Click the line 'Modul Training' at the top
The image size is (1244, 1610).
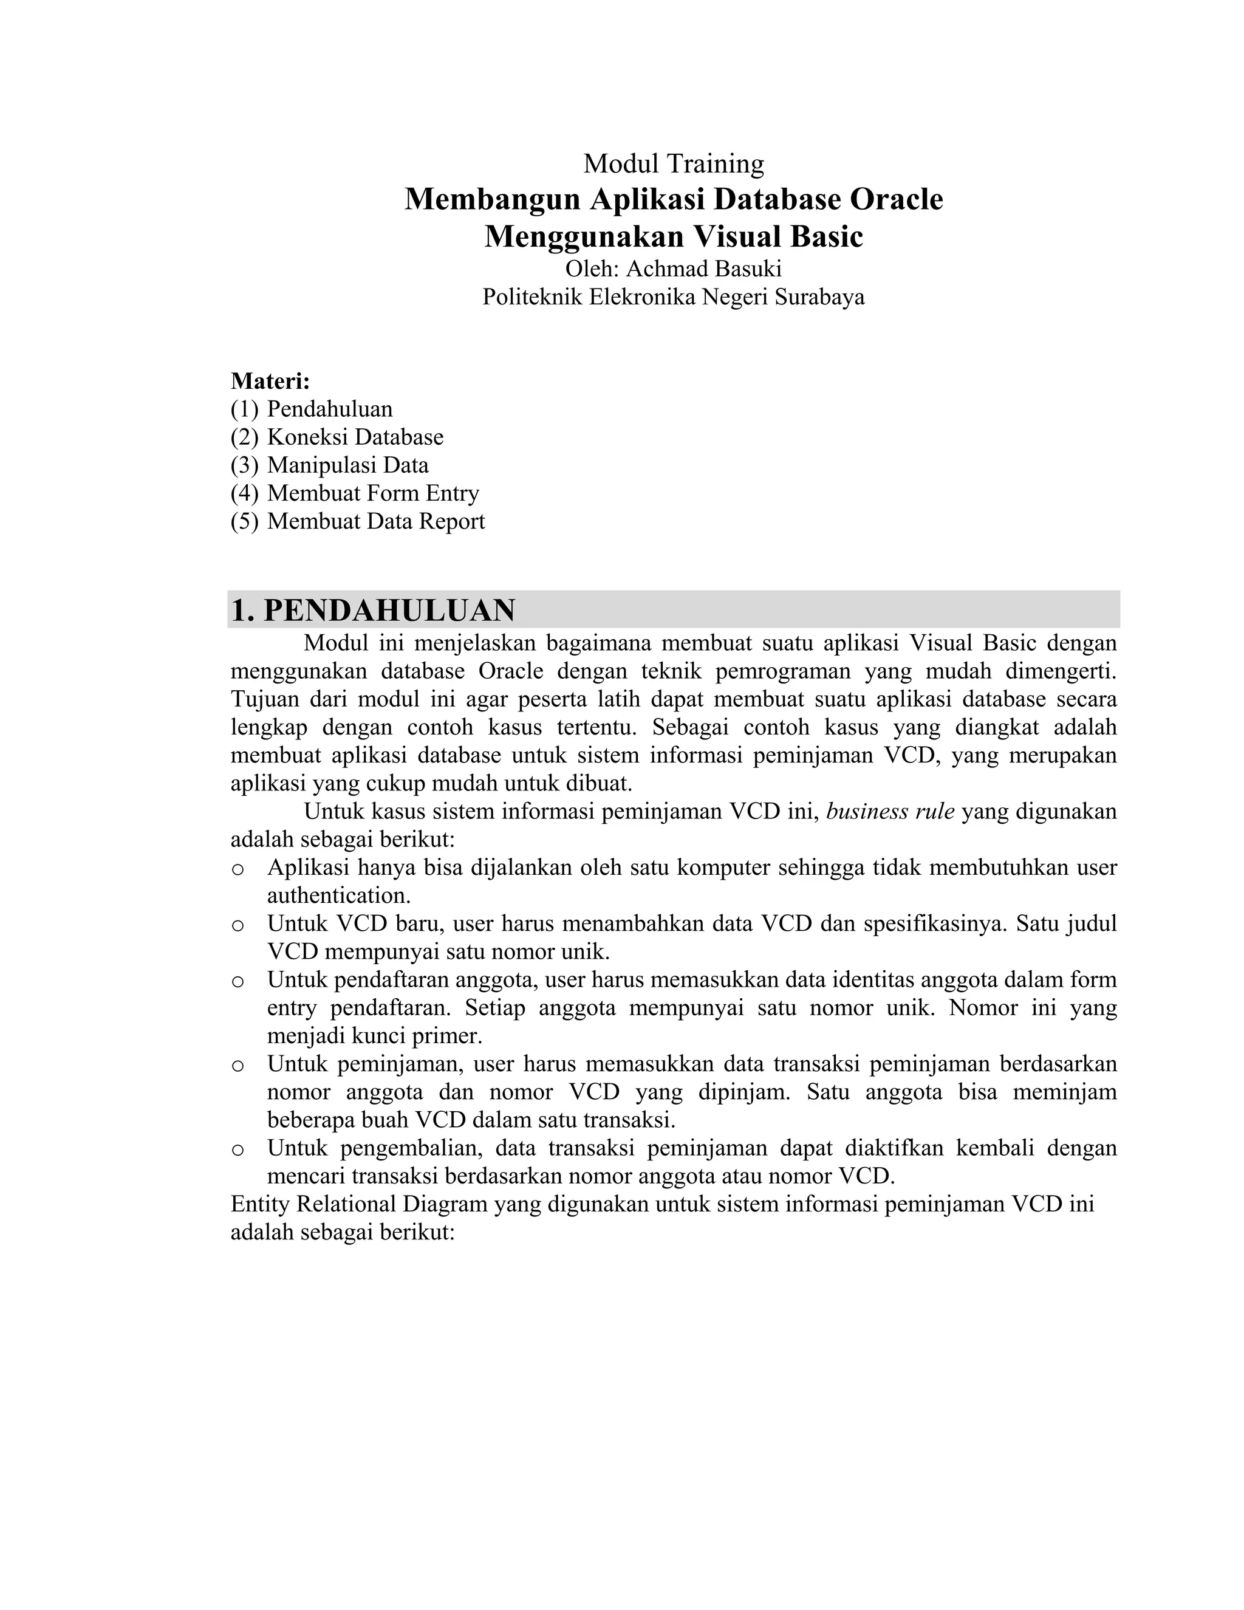click(x=673, y=163)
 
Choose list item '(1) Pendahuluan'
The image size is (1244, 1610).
click(x=312, y=409)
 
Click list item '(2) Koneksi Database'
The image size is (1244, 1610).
click(x=337, y=437)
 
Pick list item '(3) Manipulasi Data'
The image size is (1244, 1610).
click(x=329, y=465)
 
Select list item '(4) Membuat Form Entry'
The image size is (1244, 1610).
click(x=355, y=493)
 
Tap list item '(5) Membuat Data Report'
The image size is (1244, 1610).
click(x=357, y=521)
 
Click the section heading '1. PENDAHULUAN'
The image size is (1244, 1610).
click(x=373, y=611)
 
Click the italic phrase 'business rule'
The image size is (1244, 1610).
click(x=890, y=812)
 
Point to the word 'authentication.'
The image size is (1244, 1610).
click(x=338, y=896)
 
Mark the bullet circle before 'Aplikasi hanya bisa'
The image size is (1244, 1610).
click(x=238, y=869)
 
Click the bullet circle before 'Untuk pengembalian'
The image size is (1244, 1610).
click(x=238, y=1149)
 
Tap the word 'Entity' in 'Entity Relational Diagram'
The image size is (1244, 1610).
click(x=260, y=1204)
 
